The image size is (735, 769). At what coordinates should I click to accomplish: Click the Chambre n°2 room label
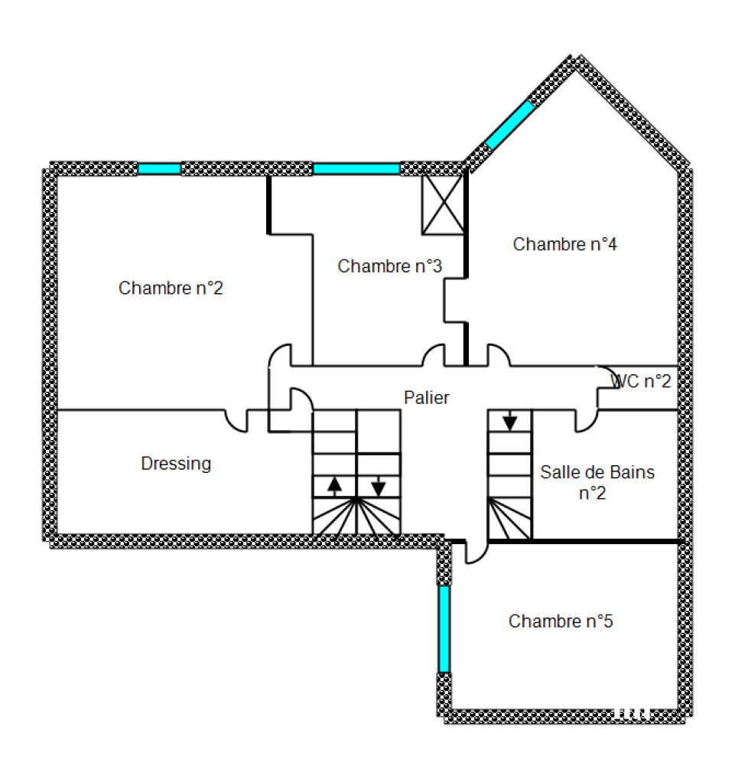[171, 288]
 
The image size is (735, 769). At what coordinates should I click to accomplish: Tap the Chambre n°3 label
[390, 266]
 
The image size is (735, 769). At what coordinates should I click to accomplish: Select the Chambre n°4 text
[565, 244]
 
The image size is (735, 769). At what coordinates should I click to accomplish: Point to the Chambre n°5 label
[561, 621]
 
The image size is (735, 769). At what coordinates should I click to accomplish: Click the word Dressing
[176, 464]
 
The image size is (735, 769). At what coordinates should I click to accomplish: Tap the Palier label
[426, 397]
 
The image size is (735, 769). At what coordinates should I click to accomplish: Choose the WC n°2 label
[640, 381]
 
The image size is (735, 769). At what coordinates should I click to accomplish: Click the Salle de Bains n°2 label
[597, 482]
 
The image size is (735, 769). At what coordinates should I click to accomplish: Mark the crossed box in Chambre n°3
[443, 204]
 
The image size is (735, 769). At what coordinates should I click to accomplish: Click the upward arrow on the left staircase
[334, 486]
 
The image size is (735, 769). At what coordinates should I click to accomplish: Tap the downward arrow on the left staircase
[378, 486]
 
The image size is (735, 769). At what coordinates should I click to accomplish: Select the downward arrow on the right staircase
[510, 420]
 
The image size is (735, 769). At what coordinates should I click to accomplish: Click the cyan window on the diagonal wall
[510, 125]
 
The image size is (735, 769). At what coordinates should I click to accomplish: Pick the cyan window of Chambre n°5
[444, 629]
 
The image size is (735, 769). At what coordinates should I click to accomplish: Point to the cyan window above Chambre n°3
[356, 169]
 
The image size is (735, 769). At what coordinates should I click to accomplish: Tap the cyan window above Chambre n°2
[159, 169]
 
